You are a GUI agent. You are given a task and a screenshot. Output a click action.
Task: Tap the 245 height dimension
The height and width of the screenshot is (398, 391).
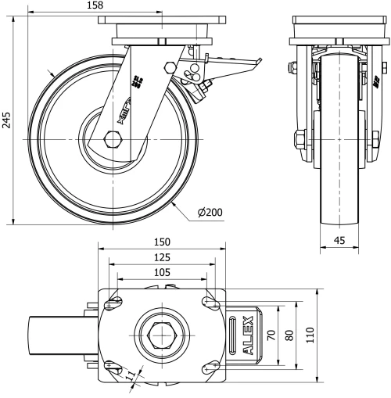[x=7, y=119]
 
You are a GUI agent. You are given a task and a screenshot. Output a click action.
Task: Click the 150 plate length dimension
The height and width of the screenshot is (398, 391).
[x=161, y=242]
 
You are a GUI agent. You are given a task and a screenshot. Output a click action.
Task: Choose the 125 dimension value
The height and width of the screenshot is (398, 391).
[x=161, y=256]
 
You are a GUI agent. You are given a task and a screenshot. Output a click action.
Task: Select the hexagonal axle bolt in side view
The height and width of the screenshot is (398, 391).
[x=113, y=142]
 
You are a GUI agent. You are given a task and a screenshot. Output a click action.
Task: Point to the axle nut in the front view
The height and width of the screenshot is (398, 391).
[x=300, y=141]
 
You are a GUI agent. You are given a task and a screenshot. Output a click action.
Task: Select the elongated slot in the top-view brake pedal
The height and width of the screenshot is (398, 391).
[x=235, y=335]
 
